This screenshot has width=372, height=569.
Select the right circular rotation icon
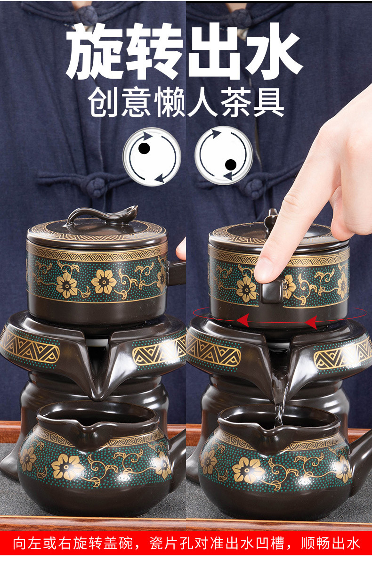click(224, 155)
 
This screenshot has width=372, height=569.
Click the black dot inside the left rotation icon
click(145, 148)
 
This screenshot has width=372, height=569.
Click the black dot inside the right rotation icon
click(230, 164)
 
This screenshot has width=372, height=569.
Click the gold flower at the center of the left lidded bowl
click(104, 282)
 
